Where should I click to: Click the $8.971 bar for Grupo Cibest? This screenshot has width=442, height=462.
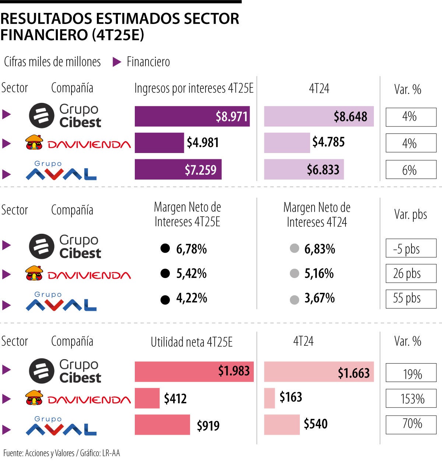(192, 116)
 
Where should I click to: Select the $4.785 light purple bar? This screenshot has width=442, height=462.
(287, 143)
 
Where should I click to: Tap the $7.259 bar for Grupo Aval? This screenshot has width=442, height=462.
(178, 169)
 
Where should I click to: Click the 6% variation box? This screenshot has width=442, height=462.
(411, 170)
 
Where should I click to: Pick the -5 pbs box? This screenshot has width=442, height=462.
(411, 248)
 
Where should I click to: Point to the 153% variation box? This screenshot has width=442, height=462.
(411, 398)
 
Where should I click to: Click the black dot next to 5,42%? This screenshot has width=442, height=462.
(165, 274)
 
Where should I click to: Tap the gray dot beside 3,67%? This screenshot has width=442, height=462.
(294, 300)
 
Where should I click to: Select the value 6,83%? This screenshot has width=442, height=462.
(319, 249)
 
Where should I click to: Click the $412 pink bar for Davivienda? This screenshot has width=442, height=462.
(147, 398)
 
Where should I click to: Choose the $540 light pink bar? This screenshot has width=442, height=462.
(282, 424)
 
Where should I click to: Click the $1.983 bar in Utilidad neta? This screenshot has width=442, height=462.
(194, 371)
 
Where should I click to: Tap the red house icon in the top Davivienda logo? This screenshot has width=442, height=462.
(34, 142)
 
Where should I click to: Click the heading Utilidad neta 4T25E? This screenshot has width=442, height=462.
(192, 342)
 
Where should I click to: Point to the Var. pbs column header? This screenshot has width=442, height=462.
(410, 215)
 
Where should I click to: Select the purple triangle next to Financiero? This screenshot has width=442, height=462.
(117, 62)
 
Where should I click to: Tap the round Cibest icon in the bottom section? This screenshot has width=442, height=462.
(42, 371)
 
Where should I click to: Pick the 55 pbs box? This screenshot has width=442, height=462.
(411, 298)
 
